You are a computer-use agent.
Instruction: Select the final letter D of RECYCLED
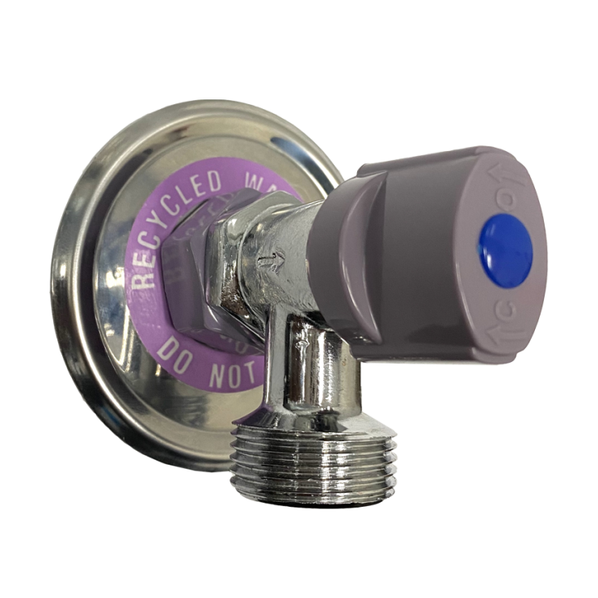coord(229,181)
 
